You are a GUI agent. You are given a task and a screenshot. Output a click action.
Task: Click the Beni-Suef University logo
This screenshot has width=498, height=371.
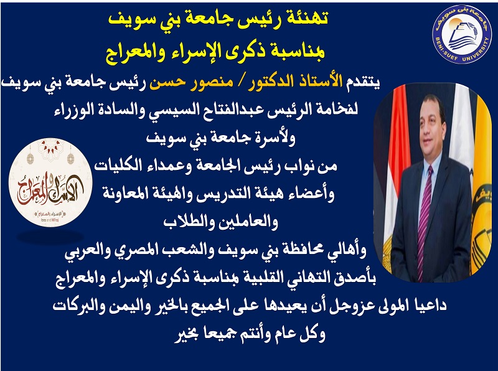[462, 34]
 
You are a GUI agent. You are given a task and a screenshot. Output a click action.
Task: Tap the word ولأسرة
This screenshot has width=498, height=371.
[274, 138]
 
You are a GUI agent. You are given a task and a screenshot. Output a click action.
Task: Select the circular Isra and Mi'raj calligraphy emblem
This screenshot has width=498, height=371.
[50, 182]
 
